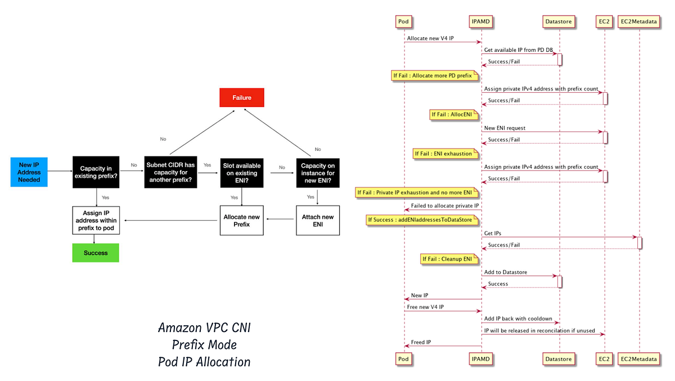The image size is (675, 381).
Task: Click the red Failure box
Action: coord(242,97)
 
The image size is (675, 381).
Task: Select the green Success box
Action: coord(96,253)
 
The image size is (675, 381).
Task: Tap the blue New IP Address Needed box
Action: coord(29,172)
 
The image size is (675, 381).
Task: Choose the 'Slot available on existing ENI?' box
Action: coord(241,173)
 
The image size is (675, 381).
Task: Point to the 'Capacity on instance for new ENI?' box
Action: coord(318,173)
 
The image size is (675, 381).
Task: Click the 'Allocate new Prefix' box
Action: coord(241,221)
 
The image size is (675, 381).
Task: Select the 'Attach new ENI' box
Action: coord(318,221)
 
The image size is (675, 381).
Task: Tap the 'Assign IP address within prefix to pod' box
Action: coord(96,221)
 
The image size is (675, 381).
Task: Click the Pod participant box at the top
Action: coord(404,21)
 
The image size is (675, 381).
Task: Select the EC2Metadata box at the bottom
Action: coord(640,358)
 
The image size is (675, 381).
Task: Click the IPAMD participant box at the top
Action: coord(481,21)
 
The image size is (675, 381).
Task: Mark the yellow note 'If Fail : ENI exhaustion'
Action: coord(446,154)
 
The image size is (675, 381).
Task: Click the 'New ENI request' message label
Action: coord(505,128)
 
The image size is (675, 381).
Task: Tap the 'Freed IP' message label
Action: coord(422,342)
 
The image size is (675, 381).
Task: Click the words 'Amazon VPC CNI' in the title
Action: coord(204,328)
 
